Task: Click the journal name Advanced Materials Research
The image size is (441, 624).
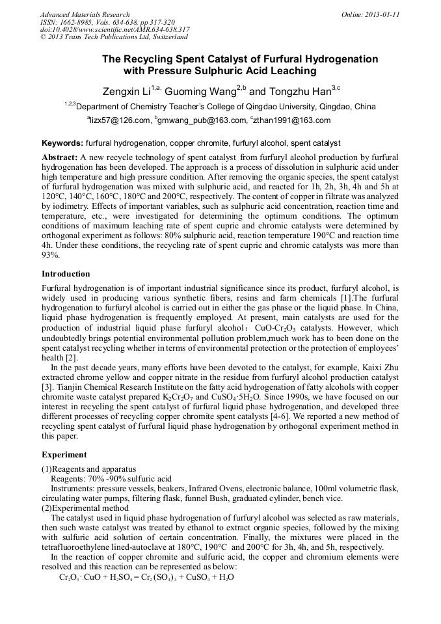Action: pyautogui.click(x=85, y=14)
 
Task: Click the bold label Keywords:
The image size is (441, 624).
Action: pyautogui.click(x=62, y=142)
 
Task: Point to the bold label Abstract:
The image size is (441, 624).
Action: pyautogui.click(x=59, y=158)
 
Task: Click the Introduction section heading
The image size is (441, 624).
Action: pyautogui.click(x=66, y=274)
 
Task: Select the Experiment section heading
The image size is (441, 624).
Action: pyautogui.click(x=64, y=454)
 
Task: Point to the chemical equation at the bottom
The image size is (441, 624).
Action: pyautogui.click(x=146, y=577)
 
